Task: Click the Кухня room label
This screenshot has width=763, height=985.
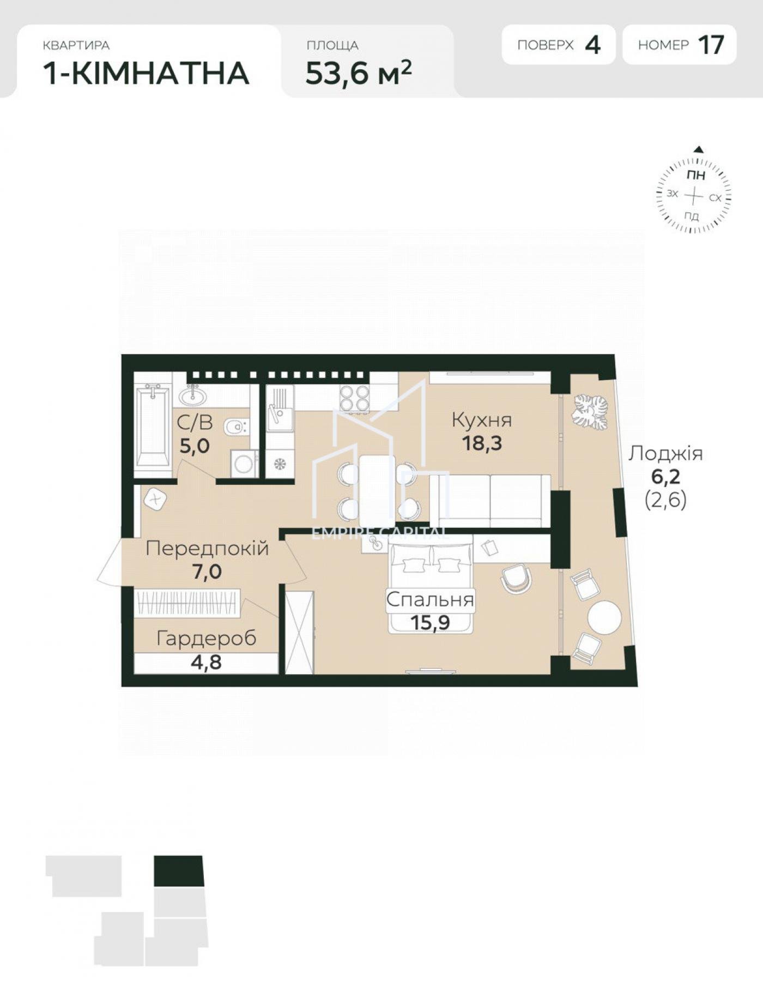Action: click(x=482, y=420)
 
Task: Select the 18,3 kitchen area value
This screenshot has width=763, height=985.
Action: click(x=482, y=443)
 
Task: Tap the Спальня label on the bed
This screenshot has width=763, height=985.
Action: click(x=430, y=600)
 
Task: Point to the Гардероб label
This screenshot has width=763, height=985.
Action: click(x=207, y=638)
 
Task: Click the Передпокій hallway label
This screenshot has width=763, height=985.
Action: click(x=207, y=548)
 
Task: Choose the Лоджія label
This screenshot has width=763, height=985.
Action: click(x=665, y=454)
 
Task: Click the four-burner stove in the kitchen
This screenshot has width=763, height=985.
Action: click(x=355, y=398)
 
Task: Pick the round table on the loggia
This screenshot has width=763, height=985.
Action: click(x=604, y=617)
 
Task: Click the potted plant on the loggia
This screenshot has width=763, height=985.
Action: click(x=589, y=412)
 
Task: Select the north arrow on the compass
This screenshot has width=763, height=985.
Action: click(x=699, y=149)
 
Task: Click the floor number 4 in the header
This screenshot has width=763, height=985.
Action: click(x=592, y=45)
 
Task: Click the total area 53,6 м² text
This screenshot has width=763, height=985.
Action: click(x=359, y=73)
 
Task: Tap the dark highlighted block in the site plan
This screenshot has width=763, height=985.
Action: click(x=179, y=871)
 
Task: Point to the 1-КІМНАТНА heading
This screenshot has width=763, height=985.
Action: click(x=146, y=74)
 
